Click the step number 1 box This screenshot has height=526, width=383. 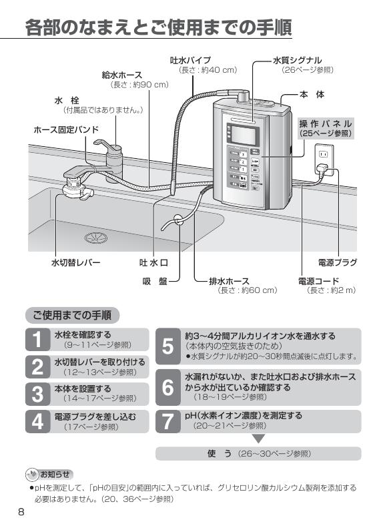coord(37,340)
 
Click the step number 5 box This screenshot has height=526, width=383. coord(168,346)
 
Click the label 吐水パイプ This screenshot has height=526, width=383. coord(191,60)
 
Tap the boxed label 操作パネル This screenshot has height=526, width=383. coord(325,128)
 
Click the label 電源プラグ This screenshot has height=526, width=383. coord(337,262)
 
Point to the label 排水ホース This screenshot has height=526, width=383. coord(229,281)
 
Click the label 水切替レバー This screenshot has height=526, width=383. coord(75,262)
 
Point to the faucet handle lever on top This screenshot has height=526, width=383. coord(105,144)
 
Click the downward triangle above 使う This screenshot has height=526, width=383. coord(259,439)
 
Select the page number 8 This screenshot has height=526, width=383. coord(21,512)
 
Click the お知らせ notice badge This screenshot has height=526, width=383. coord(47,475)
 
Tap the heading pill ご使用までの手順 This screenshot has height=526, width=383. coord(72,314)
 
